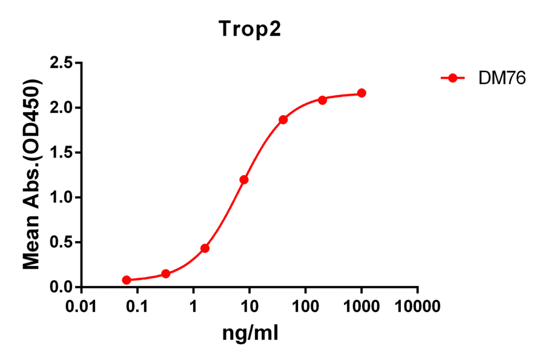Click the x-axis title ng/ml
251,333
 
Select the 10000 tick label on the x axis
418,306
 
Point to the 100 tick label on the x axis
306,306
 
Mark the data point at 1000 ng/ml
362,93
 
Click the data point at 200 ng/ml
322,99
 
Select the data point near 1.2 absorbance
244,179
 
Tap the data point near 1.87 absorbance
283,119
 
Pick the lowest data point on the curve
127,280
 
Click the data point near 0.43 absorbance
205,248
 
